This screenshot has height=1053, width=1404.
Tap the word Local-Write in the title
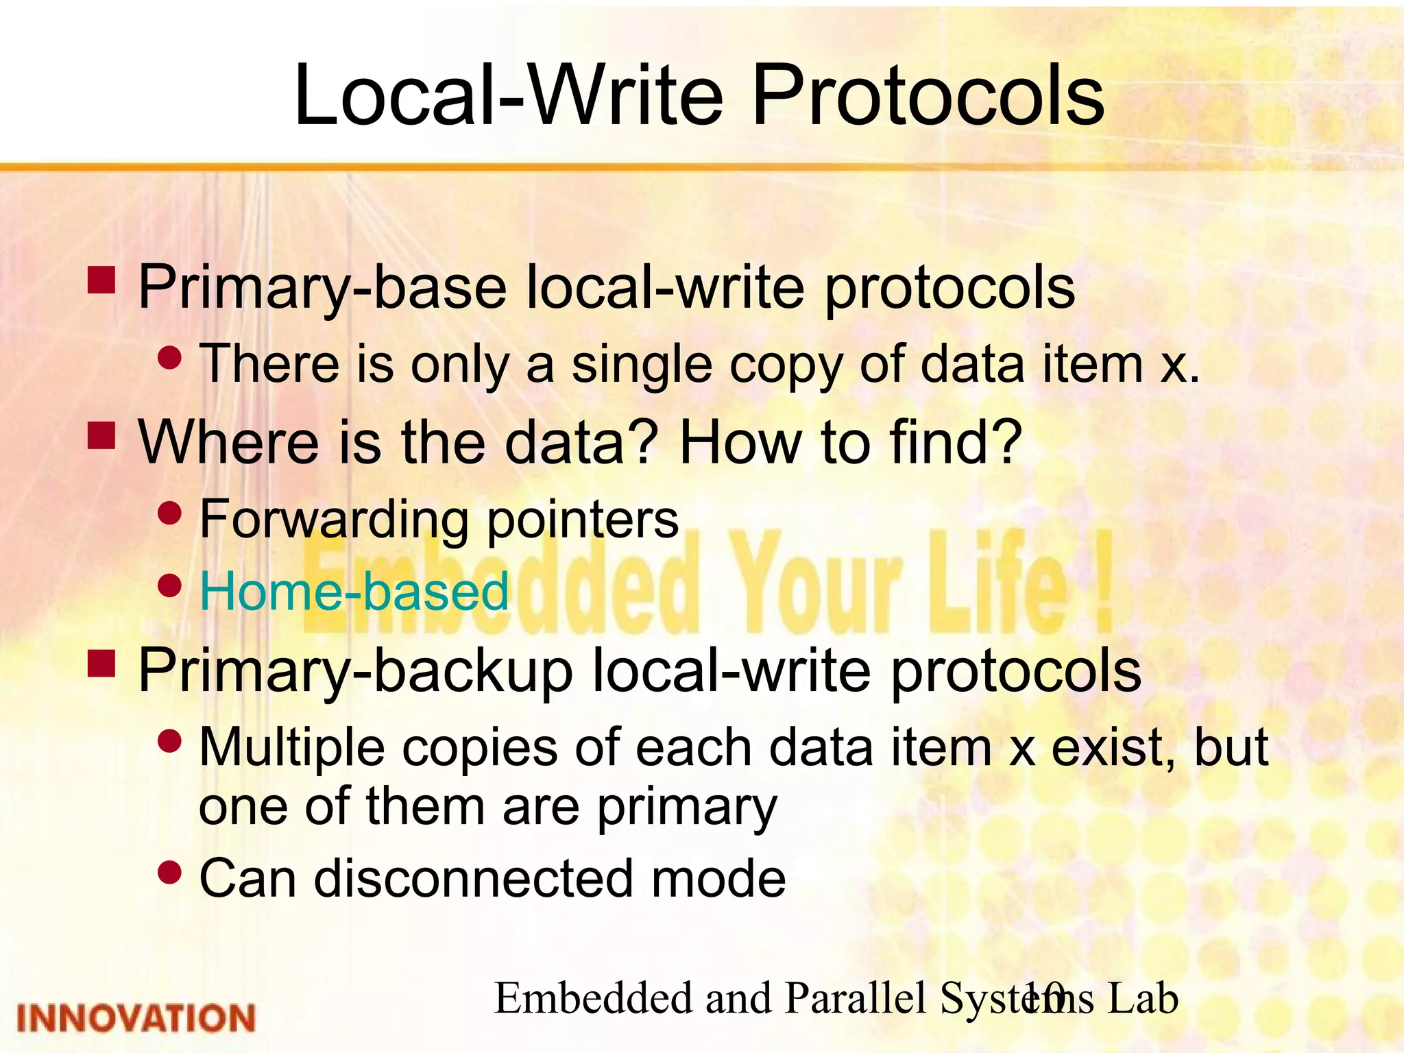508,96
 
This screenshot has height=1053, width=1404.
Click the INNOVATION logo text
136,1018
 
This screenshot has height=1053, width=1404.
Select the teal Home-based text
354,592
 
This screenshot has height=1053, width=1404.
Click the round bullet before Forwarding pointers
169,512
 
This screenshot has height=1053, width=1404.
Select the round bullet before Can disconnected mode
169,872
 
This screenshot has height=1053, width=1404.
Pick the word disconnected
473,879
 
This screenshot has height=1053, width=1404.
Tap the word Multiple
291,747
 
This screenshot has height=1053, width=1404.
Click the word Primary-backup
355,672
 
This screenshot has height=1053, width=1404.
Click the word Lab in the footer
1143,998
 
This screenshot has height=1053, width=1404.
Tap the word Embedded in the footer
594,998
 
